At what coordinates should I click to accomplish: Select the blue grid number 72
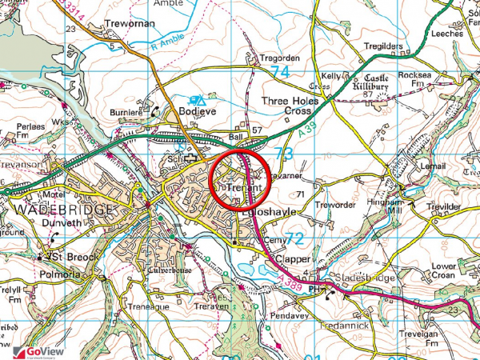click(x=294, y=238)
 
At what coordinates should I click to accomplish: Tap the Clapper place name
click(x=288, y=261)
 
